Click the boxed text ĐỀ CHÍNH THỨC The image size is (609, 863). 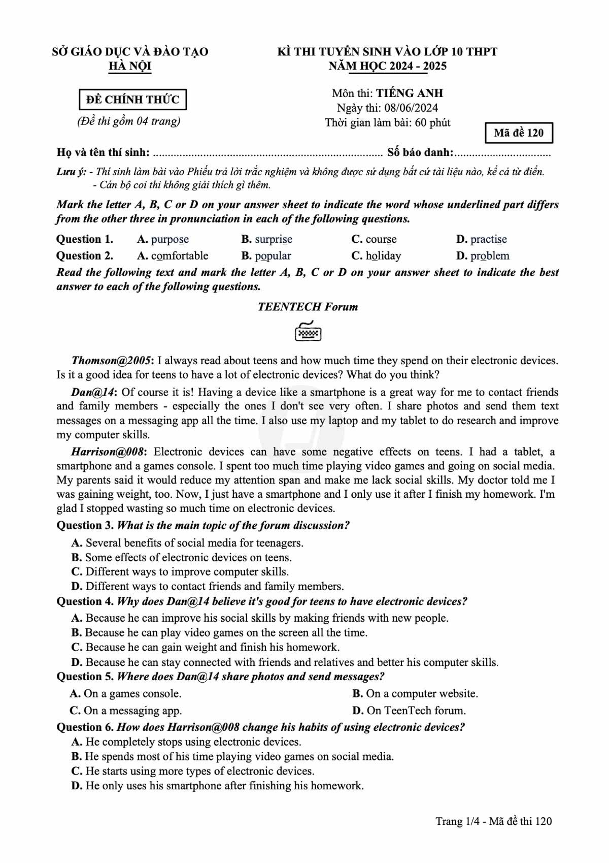point(132,100)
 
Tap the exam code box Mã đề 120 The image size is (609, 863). point(518,133)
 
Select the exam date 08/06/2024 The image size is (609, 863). point(411,108)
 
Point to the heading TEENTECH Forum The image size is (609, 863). point(308,307)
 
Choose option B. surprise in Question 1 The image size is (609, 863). point(267,239)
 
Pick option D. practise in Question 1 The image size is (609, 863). point(482,239)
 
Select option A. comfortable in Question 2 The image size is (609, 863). point(173,255)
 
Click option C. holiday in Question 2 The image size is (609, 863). point(376,255)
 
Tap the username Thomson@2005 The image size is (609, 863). point(111,361)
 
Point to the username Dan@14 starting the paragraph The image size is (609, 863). point(94,392)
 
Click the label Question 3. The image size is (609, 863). point(85,525)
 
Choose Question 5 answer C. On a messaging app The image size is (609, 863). point(126,710)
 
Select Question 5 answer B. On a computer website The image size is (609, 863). point(415,693)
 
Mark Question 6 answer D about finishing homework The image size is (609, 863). point(218,786)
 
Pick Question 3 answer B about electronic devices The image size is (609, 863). point(182,557)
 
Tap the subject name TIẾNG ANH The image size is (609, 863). point(409,93)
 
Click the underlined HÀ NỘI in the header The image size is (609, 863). point(130,66)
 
